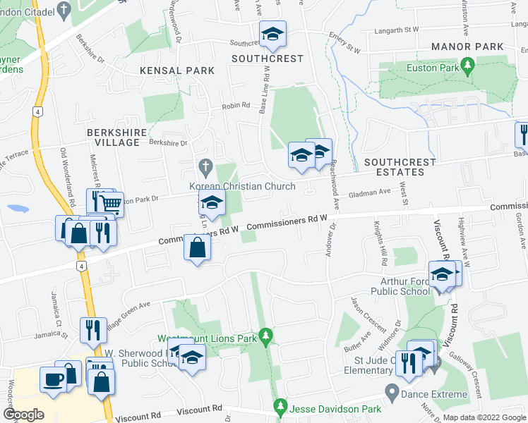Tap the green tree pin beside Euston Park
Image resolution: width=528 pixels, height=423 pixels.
[x=467, y=66]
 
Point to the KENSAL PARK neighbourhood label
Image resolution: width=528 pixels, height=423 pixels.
[x=172, y=71]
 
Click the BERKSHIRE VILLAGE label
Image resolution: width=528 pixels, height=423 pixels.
[x=113, y=137]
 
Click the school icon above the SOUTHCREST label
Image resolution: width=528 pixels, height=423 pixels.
[x=272, y=33]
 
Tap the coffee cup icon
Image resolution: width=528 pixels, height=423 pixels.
[x=53, y=379]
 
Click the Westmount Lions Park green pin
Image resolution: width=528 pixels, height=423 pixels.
[x=265, y=336]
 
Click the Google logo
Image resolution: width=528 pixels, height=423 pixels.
[x=23, y=414]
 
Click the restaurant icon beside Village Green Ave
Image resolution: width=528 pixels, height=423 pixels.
[x=93, y=329]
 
